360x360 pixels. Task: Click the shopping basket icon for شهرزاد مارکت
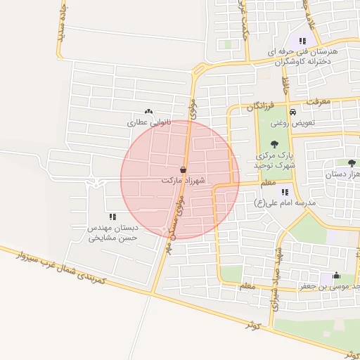(x=183, y=169)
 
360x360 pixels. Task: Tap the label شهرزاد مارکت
(x=183, y=181)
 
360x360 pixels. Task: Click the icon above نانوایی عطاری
(x=148, y=111)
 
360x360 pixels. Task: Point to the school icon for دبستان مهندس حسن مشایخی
(x=112, y=217)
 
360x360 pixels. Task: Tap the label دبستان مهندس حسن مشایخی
(x=112, y=233)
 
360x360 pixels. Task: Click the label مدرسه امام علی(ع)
(x=285, y=202)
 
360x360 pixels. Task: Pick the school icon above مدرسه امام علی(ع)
(x=285, y=191)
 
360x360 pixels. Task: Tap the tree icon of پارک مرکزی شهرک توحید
(x=274, y=144)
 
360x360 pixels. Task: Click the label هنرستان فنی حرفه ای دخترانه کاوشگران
(x=303, y=57)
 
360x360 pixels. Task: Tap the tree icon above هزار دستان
(x=352, y=162)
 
